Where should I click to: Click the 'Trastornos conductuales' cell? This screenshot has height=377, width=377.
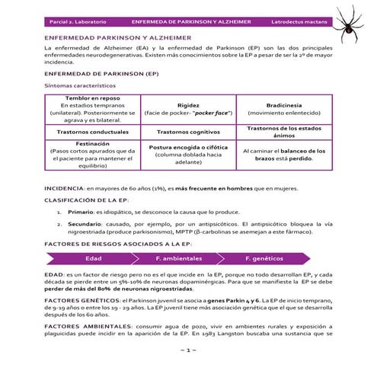click(92, 131)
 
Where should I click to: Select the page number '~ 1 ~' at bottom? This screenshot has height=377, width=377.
click(188, 349)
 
